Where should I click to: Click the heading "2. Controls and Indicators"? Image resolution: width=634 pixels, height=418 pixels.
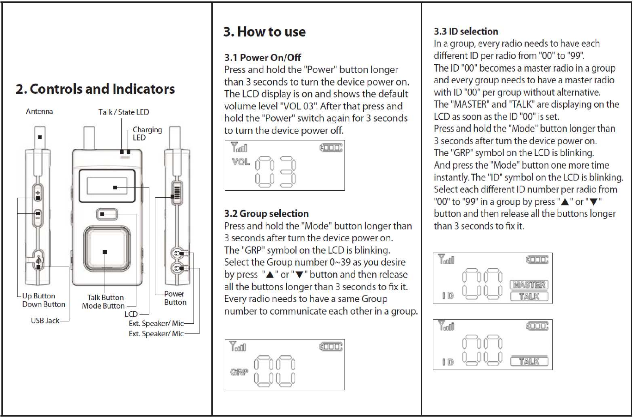pyautogui.click(x=95, y=89)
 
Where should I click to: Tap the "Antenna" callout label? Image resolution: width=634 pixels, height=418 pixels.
pyautogui.click(x=39, y=111)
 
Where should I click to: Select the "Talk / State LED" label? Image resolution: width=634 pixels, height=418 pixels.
pyautogui.click(x=123, y=112)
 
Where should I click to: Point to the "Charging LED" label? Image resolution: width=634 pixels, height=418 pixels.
pyautogui.click(x=147, y=133)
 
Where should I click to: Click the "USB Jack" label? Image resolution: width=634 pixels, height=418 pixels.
pyautogui.click(x=45, y=321)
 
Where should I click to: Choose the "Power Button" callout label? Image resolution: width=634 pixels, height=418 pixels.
pyautogui.click(x=175, y=298)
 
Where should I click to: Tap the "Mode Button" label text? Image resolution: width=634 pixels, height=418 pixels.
pyautogui.click(x=103, y=306)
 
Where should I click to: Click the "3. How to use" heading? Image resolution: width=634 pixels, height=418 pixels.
pyautogui.click(x=264, y=32)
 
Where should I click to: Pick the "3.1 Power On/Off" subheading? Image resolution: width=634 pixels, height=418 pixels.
pyautogui.click(x=262, y=58)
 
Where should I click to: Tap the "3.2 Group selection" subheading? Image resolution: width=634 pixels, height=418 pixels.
pyautogui.click(x=266, y=213)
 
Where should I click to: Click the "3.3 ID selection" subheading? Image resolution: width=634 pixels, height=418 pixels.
pyautogui.click(x=466, y=31)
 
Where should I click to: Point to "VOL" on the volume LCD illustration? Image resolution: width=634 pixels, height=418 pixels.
pyautogui.click(x=241, y=162)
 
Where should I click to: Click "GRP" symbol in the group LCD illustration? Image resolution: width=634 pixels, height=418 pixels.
pyautogui.click(x=239, y=372)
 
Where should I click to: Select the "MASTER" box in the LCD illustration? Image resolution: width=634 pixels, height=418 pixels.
pyautogui.click(x=529, y=285)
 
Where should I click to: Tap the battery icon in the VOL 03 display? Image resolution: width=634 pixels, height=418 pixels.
pyautogui.click(x=331, y=148)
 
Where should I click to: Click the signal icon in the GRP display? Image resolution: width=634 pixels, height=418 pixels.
pyautogui.click(x=238, y=346)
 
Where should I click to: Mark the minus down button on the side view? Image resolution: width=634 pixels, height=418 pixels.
pyautogui.click(x=38, y=215)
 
